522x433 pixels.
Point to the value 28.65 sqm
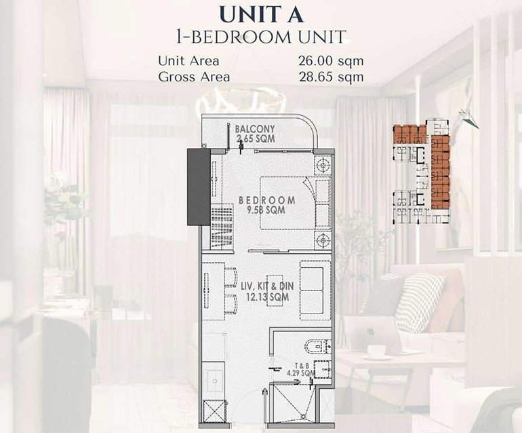tap(330, 77)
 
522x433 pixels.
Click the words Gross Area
tap(194, 77)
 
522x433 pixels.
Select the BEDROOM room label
tap(266, 200)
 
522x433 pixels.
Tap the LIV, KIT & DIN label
tap(266, 286)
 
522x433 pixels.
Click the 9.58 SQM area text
tap(266, 210)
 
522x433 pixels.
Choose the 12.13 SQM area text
tap(266, 297)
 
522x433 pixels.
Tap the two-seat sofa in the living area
tap(315, 290)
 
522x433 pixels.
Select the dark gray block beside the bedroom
tap(198, 187)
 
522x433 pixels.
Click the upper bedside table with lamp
tap(323, 165)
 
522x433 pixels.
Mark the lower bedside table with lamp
tap(323, 240)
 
